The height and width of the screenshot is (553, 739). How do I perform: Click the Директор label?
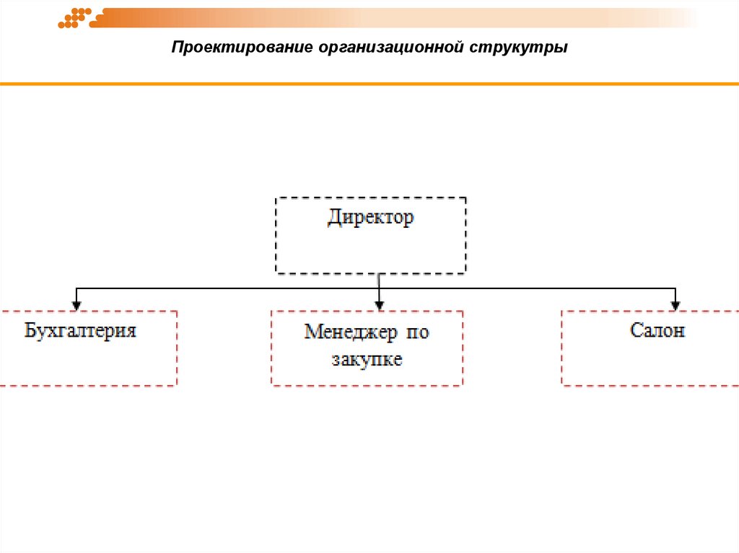[371, 218]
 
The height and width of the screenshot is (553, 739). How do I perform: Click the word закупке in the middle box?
[367, 360]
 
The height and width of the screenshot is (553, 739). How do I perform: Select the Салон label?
[657, 331]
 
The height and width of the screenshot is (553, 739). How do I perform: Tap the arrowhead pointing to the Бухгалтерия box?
[76, 304]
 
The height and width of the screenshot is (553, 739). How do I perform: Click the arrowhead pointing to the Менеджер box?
[378, 304]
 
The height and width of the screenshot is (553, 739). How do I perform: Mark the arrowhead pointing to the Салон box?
[675, 304]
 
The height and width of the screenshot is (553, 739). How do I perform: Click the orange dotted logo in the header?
[74, 18]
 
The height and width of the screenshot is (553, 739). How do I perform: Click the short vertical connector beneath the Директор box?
[378, 281]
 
